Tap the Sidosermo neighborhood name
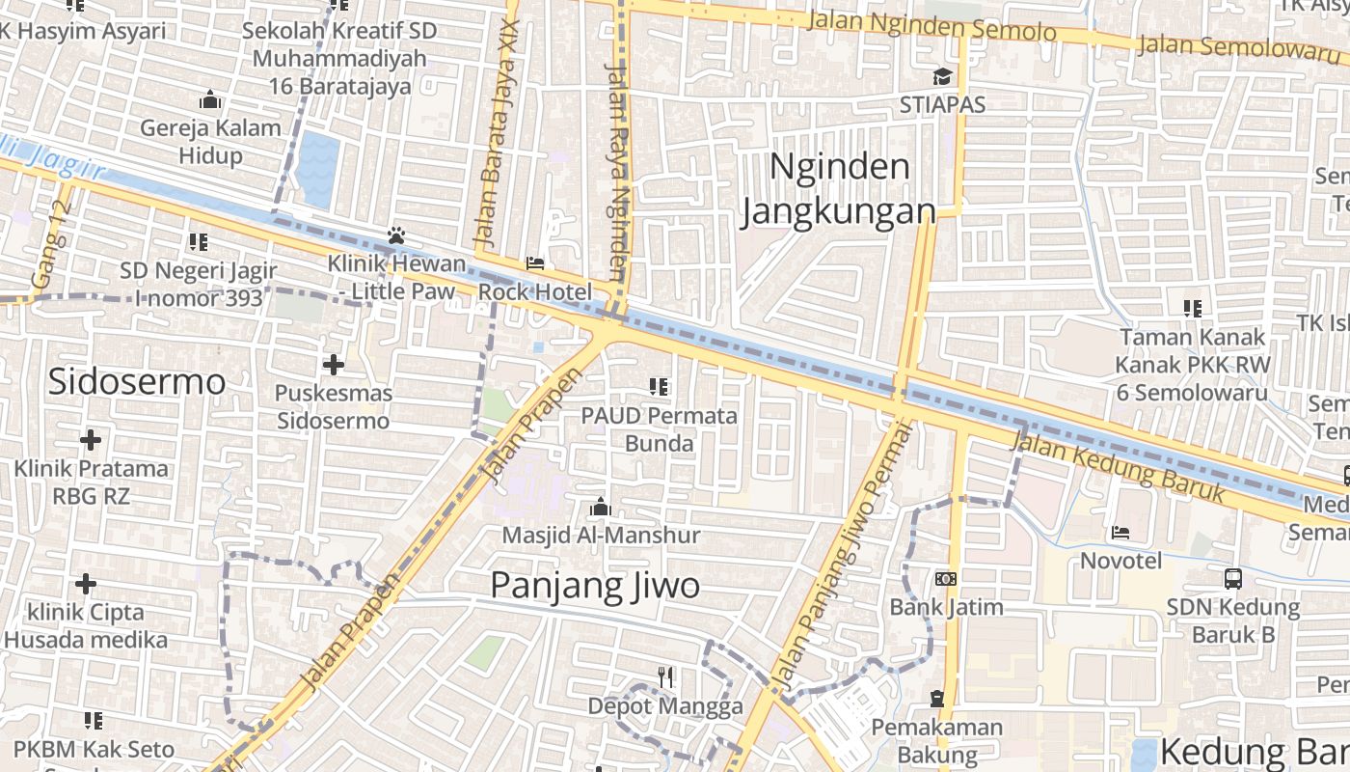click(x=136, y=382)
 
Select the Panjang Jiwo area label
click(x=595, y=586)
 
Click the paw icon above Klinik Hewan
click(x=395, y=235)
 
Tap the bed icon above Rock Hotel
click(x=535, y=263)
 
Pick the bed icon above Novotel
click(x=1120, y=532)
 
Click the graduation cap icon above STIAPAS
click(x=941, y=76)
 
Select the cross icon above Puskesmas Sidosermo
click(x=333, y=365)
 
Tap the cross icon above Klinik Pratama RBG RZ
click(x=90, y=440)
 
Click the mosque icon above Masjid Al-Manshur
click(x=600, y=507)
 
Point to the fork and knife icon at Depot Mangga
click(x=665, y=676)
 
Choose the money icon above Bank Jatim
click(x=946, y=579)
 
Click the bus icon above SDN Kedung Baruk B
click(x=1232, y=579)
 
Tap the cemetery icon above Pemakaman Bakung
click(x=936, y=698)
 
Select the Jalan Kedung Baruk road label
click(x=1119, y=470)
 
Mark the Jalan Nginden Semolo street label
click(x=931, y=26)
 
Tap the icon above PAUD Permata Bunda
click(x=659, y=388)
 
